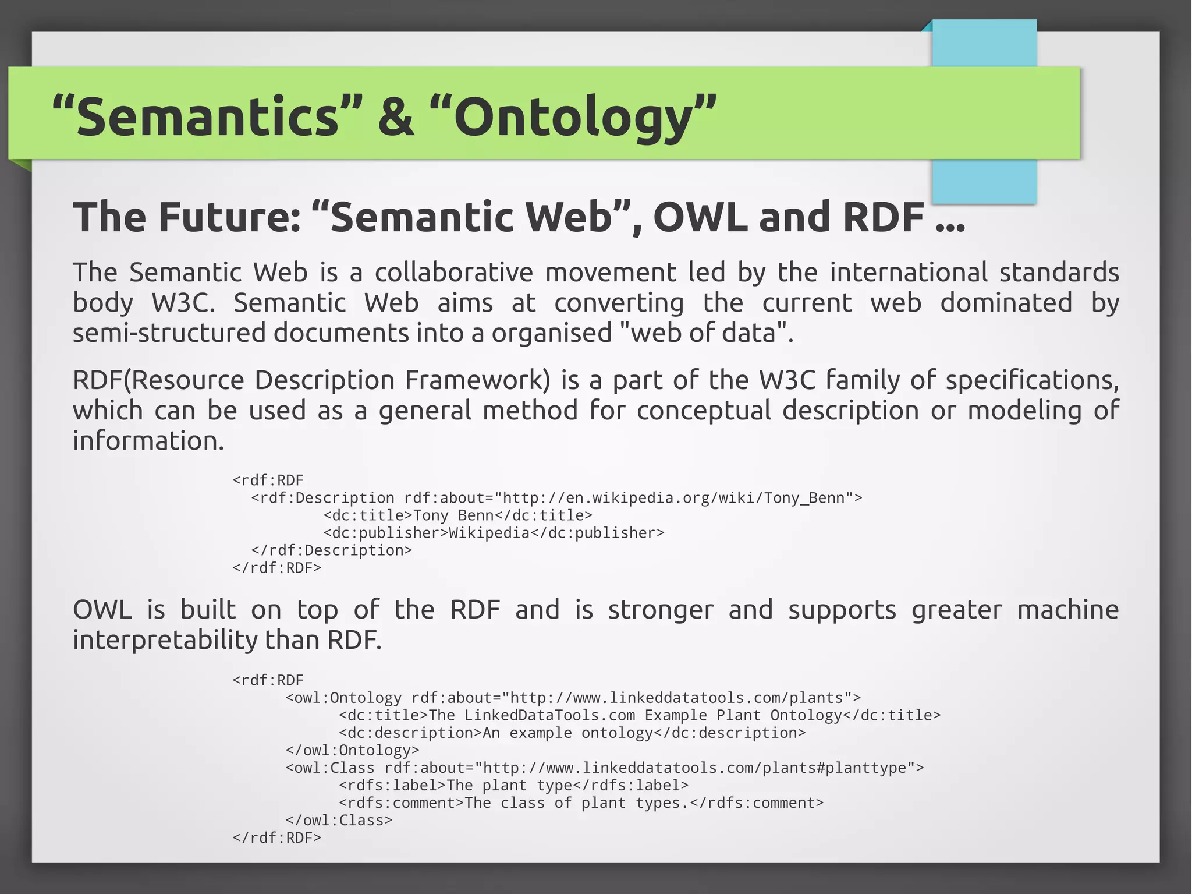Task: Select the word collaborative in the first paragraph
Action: (x=453, y=273)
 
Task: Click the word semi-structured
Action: (x=169, y=333)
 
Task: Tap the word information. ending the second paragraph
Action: (x=148, y=441)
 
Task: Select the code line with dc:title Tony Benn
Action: (x=457, y=515)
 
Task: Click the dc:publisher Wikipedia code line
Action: (x=494, y=533)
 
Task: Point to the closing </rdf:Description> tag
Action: (x=331, y=550)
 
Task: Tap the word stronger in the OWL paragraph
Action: (x=661, y=610)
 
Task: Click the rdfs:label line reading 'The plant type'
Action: (x=513, y=785)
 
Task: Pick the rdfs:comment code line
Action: (x=581, y=803)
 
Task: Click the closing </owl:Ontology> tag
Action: (x=352, y=750)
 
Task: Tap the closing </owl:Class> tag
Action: (x=339, y=820)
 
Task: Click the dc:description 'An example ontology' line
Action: (x=572, y=733)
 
